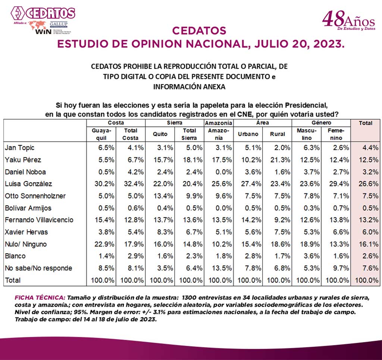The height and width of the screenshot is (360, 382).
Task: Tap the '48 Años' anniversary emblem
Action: (x=348, y=21)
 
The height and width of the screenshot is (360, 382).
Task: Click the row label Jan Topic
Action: (x=18, y=148)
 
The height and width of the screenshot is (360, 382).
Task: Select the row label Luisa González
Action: (x=28, y=184)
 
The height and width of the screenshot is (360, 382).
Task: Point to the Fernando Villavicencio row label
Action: (x=39, y=220)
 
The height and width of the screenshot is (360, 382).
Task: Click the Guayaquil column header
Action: (x=101, y=134)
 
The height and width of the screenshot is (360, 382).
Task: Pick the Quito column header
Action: (x=160, y=134)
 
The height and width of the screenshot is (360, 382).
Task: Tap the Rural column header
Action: (x=277, y=134)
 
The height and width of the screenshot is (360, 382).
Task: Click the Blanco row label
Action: (x=15, y=256)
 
